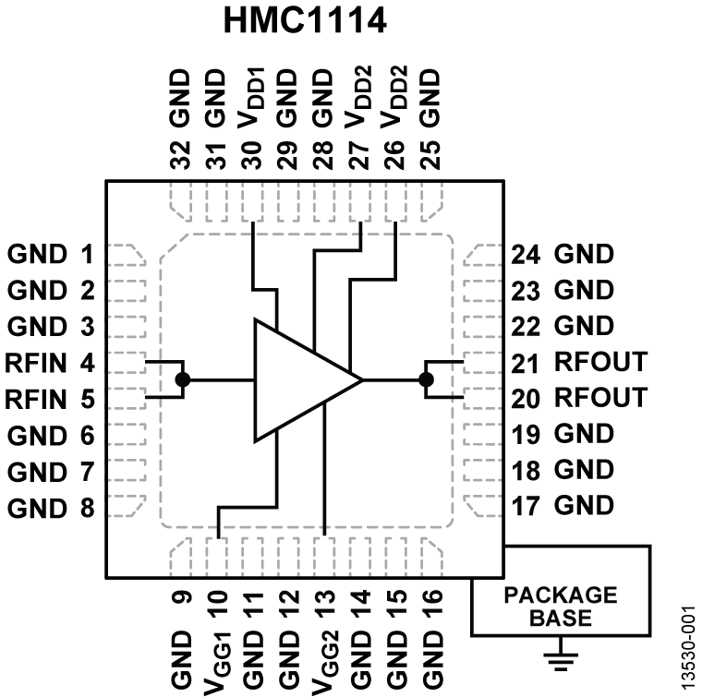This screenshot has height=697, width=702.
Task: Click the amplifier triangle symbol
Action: pyautogui.click(x=296, y=379)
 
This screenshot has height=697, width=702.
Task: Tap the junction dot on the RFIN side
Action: pyautogui.click(x=183, y=379)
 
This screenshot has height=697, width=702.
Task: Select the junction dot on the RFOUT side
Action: pyautogui.click(x=426, y=379)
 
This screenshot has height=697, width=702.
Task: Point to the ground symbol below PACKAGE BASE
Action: pyautogui.click(x=559, y=657)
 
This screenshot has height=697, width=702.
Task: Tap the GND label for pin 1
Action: pyautogui.click(x=37, y=253)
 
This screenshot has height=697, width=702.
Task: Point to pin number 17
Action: pyautogui.click(x=526, y=506)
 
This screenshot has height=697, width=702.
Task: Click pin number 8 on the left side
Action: pyautogui.click(x=86, y=507)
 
